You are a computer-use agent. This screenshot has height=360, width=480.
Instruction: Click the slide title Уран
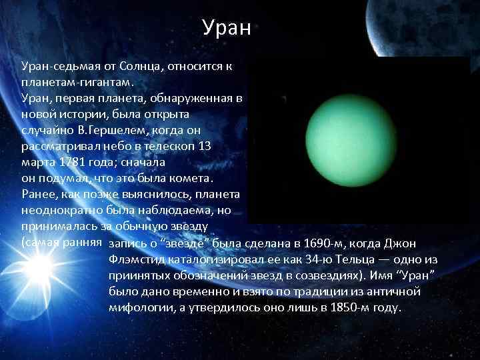(x=226, y=28)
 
